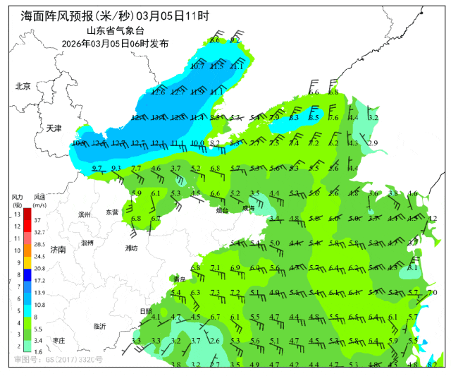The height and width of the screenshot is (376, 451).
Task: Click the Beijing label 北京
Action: point(23,86)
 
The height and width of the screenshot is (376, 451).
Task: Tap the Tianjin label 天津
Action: point(54,128)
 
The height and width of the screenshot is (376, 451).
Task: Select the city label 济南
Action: point(58,250)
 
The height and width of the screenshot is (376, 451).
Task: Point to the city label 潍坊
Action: point(131,248)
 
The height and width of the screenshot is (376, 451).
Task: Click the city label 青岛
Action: point(181,280)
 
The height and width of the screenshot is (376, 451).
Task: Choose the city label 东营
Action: point(112,212)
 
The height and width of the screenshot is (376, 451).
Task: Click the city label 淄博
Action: point(87,242)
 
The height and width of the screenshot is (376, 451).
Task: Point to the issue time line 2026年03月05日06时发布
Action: point(115,43)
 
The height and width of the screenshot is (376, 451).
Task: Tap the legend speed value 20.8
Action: point(39,268)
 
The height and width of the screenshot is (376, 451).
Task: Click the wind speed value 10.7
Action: point(197,66)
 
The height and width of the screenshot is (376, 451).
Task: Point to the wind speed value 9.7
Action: point(97,168)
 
